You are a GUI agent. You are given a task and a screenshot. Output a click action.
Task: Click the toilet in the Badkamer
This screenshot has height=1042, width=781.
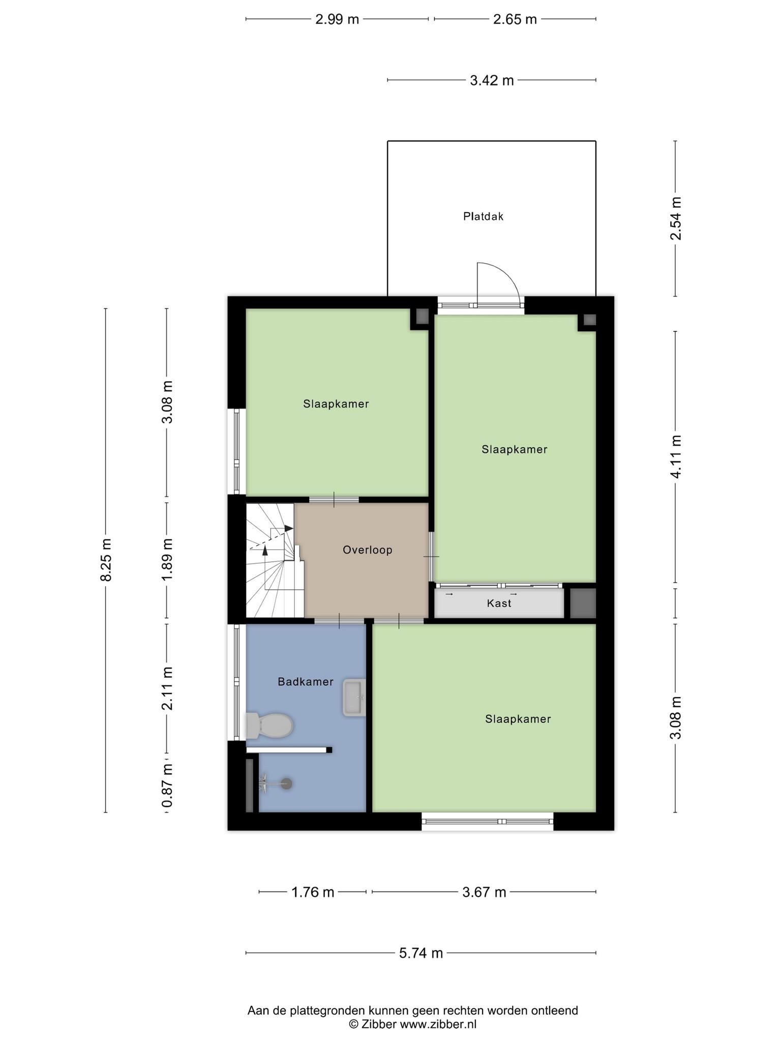point(269,725)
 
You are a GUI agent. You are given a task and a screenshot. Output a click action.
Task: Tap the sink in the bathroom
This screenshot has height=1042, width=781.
point(354,698)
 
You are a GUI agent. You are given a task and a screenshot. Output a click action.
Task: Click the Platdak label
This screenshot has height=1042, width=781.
point(483,217)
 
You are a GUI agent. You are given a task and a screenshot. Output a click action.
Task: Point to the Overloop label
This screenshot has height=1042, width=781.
point(368,550)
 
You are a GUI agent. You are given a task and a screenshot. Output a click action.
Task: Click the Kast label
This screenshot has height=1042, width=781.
point(499,603)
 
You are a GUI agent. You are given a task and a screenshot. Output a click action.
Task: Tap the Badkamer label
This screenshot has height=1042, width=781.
point(306,682)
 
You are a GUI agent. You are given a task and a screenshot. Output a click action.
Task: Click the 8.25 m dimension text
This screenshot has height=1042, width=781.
point(106,560)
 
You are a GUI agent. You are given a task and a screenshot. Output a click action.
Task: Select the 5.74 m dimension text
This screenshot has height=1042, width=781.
point(421,953)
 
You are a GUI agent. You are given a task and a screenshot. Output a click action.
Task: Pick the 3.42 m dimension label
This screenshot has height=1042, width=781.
point(492,80)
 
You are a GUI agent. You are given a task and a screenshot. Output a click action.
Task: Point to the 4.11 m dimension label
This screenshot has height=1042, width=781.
point(675,457)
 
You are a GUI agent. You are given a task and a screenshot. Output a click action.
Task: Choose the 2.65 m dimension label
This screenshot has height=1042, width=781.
point(515,19)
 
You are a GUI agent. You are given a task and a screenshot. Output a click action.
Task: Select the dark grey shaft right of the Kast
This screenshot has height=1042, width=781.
point(583,603)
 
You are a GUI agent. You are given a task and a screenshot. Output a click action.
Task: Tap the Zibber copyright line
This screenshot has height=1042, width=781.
point(412,1024)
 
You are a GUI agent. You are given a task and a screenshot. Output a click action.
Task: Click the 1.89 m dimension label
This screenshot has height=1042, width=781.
point(167,560)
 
